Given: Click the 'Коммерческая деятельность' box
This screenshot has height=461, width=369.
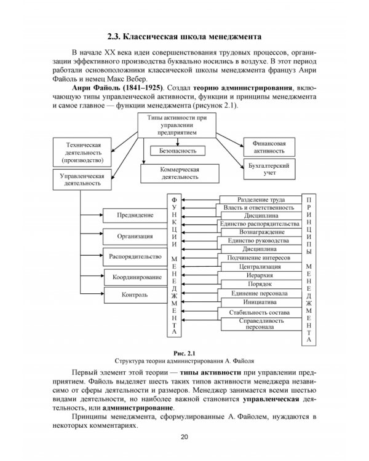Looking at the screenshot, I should click(180, 172).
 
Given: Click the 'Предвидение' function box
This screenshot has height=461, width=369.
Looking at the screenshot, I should click(135, 215).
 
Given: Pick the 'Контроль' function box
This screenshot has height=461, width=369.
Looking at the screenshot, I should click(135, 295).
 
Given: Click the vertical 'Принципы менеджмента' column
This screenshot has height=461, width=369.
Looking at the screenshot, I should click(309, 270).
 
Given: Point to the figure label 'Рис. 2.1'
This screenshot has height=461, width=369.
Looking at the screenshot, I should click(184, 353).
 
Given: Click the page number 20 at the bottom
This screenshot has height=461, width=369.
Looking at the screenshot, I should click(184, 437).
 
